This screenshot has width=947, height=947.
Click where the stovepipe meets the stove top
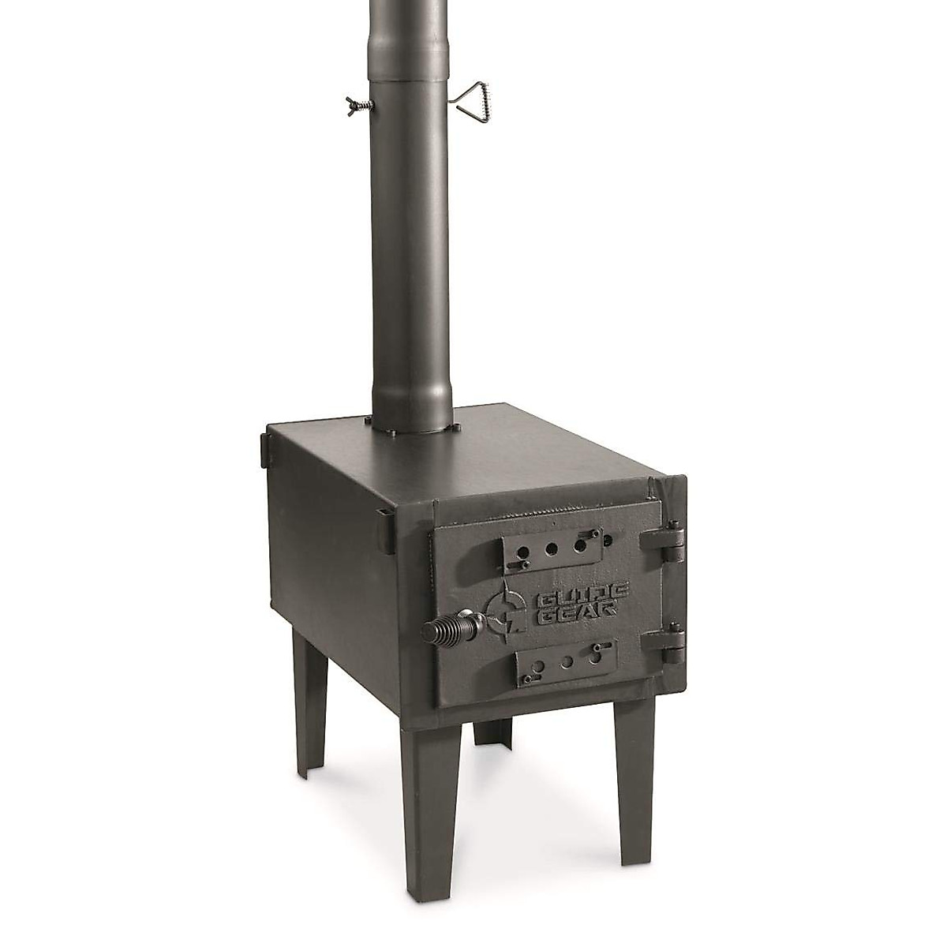click(x=413, y=428)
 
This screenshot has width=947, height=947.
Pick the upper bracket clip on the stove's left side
click(x=263, y=450)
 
